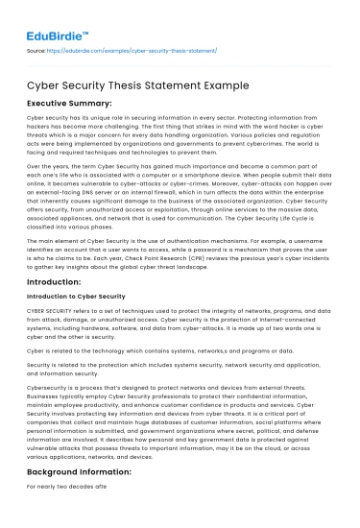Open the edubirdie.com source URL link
(x=134, y=49)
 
